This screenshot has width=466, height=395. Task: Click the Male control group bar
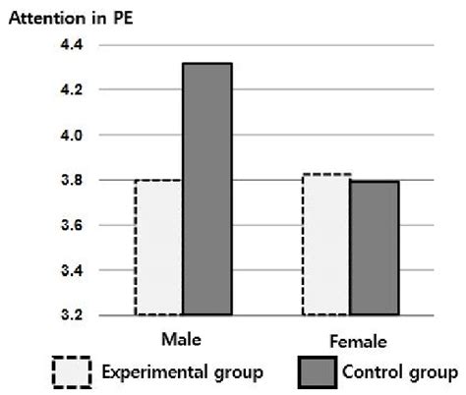pos(206,189)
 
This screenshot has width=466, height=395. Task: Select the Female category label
pos(351,343)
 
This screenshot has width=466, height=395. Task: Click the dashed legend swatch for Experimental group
pos(72,372)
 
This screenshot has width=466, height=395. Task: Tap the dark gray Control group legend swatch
pos(318,372)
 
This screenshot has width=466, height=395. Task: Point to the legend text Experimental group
pos(182,373)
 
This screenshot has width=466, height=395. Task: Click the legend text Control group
pos(399,373)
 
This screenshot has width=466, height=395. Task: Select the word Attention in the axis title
pos(43,18)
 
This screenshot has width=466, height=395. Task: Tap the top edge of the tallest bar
pos(206,64)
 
